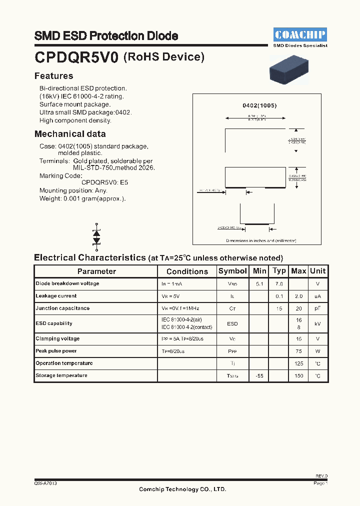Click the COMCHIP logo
(300, 34)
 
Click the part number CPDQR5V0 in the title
(76, 58)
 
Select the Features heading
(53, 76)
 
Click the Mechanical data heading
(70, 134)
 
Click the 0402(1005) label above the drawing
(259, 105)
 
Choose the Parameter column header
(96, 271)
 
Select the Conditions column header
(187, 271)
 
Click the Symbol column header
(232, 271)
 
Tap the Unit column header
(317, 271)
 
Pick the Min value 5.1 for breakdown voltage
(259, 283)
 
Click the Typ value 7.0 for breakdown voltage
(278, 283)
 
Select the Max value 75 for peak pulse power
(298, 351)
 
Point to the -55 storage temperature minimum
(259, 375)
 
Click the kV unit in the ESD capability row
(317, 323)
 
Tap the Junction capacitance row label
(62, 308)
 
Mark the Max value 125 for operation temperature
(298, 363)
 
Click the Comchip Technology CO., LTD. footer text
(182, 489)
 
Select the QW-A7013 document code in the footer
(45, 483)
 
